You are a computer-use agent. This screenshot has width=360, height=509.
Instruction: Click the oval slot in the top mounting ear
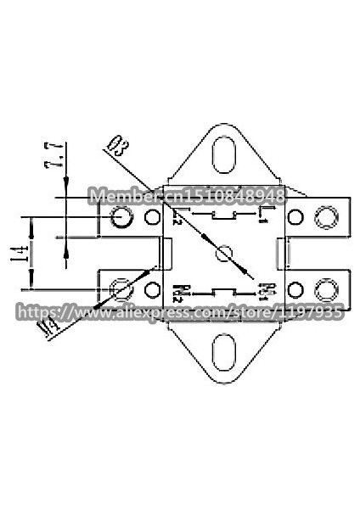(225, 156)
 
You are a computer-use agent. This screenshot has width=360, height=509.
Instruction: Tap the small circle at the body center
(225, 253)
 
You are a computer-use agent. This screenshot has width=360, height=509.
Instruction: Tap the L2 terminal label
(176, 217)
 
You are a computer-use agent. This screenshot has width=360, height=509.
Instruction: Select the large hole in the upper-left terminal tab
(121, 219)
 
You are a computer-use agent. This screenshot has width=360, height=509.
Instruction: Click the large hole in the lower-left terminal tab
(121, 289)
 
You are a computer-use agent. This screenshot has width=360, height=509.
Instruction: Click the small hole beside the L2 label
(154, 218)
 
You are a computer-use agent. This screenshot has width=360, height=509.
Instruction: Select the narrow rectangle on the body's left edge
(167, 253)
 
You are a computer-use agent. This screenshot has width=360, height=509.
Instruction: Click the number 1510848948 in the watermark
(239, 195)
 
